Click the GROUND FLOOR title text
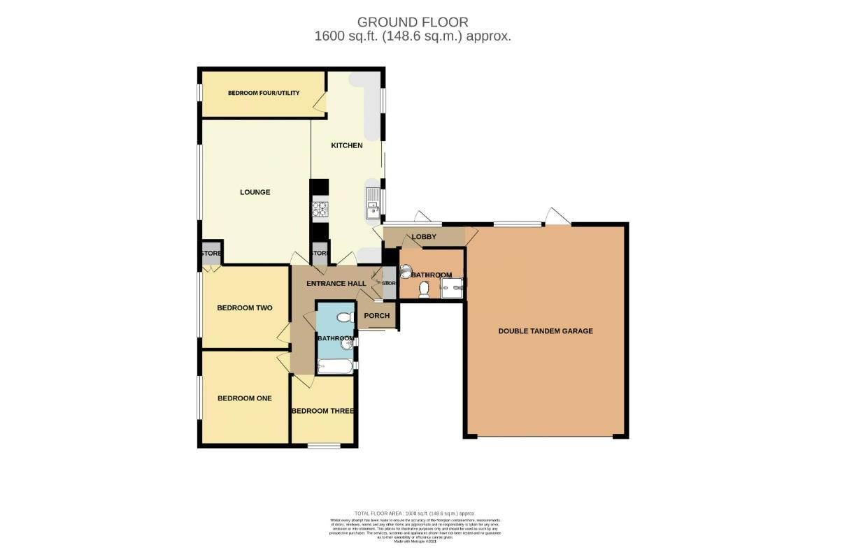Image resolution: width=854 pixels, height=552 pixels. point(413,22)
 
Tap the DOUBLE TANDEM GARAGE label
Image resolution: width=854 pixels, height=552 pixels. point(545,331)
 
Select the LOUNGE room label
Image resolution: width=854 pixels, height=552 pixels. point(255,192)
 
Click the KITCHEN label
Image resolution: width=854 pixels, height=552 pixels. point(347,145)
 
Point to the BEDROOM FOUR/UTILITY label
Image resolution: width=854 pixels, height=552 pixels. point(263,93)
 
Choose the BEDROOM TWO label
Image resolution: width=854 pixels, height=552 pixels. point(244,307)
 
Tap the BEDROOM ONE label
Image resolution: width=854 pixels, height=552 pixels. point(244,398)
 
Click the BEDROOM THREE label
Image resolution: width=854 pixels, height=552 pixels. point(322,411)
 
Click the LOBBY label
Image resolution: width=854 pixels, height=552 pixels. point(424,237)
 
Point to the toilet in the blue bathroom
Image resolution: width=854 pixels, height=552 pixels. point(343,318)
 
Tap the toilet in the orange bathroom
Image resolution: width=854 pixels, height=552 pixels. point(423,293)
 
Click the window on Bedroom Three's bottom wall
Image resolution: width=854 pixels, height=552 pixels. point(324,444)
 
